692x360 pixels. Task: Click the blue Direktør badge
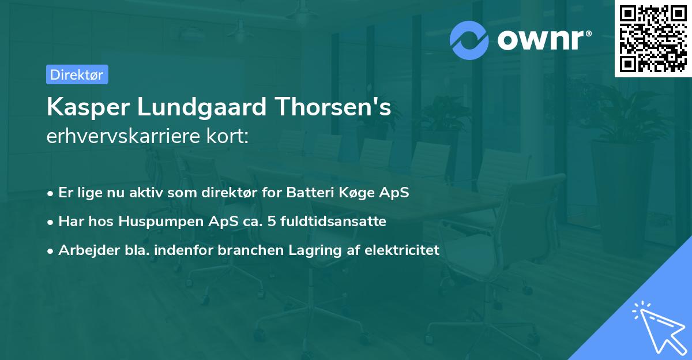pyautogui.click(x=77, y=74)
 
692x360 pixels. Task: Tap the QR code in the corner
pyautogui.click(x=653, y=39)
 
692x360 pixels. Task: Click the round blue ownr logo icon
pyautogui.click(x=469, y=40)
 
